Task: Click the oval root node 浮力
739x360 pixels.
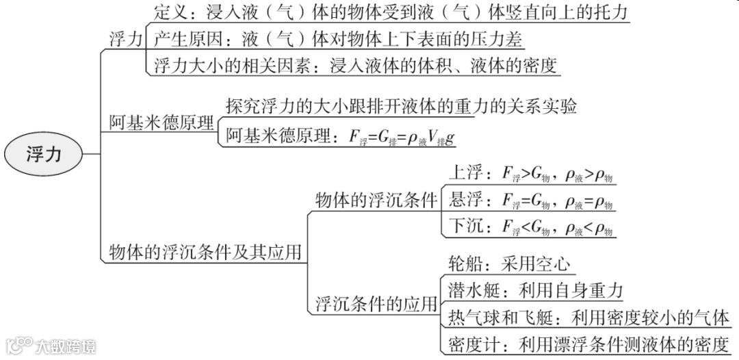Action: [x=44, y=154]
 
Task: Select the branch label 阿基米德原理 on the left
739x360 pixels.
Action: [x=162, y=123]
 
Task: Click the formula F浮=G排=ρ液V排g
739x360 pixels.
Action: [x=402, y=136]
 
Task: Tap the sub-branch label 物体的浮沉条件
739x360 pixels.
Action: [x=376, y=201]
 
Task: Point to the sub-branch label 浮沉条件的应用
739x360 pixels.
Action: [x=376, y=303]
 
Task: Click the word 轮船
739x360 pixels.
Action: [x=466, y=264]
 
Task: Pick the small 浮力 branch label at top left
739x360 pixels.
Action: [x=125, y=39]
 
